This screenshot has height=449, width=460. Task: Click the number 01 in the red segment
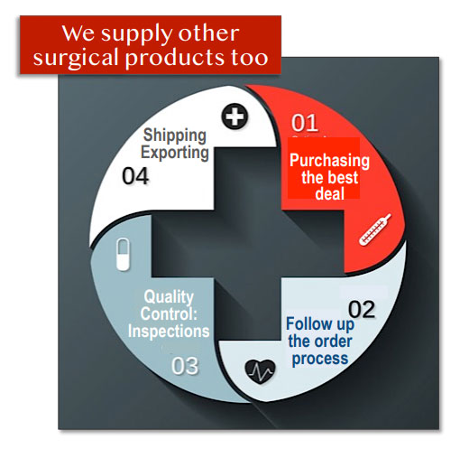305,123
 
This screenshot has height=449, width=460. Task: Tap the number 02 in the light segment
362,309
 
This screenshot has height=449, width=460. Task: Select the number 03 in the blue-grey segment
185,366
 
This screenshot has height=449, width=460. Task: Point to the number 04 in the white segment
135,176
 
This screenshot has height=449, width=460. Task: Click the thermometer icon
375,229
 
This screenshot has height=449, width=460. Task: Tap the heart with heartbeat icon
260,371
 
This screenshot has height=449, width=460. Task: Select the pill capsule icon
123,255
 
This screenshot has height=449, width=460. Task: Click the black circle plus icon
235,117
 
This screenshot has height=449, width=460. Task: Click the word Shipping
175,136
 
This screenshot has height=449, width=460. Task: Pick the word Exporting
175,153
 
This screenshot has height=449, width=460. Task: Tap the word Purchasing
329,161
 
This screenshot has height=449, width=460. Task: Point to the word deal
330,193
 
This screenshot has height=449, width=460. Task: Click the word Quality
169,297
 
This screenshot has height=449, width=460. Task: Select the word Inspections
169,332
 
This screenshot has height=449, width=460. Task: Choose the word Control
168,314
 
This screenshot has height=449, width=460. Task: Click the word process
320,359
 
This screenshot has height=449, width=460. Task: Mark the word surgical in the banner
76,58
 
